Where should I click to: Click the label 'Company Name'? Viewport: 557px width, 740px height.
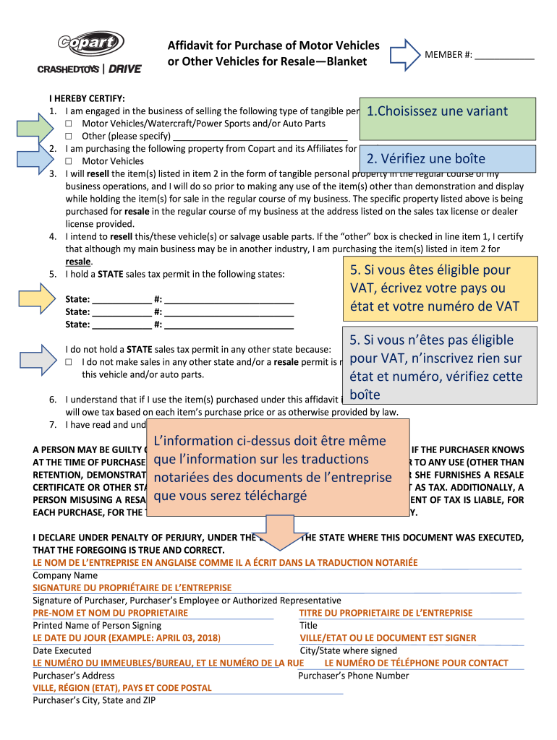65,575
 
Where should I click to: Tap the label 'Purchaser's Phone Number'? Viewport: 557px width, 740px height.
353,676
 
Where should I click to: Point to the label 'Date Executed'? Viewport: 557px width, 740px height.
62,650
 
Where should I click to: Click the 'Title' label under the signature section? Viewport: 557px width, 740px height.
308,625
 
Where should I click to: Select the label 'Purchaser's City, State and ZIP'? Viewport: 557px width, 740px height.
94,700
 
